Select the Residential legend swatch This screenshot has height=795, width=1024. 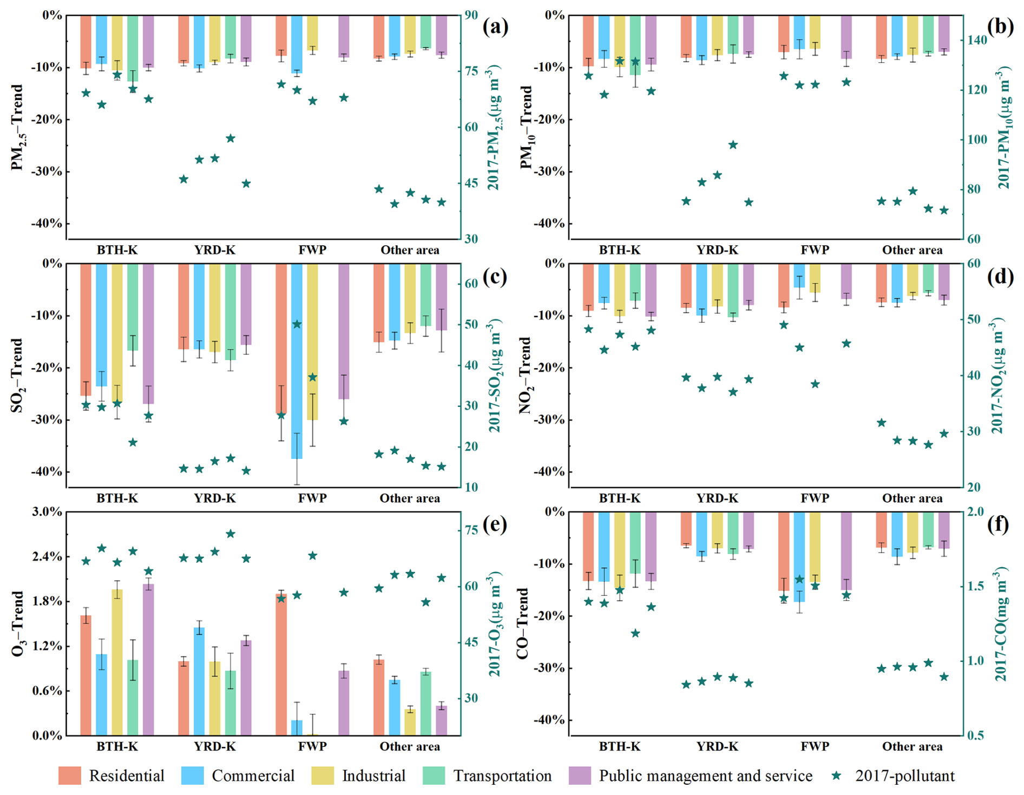pyautogui.click(x=70, y=776)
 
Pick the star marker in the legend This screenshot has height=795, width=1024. pyautogui.click(x=837, y=776)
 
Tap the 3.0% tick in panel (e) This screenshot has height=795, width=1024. pyautogui.click(x=48, y=512)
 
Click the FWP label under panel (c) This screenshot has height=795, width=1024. pyautogui.click(x=312, y=498)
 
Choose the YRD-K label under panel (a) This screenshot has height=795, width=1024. pyautogui.click(x=215, y=250)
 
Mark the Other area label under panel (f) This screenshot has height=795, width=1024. pyautogui.click(x=912, y=746)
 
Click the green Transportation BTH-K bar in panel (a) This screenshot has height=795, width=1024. pyautogui.click(x=133, y=48)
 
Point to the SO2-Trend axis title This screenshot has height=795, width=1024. pyautogui.click(x=18, y=375)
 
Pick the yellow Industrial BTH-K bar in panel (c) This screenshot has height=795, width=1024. pyautogui.click(x=117, y=333)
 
